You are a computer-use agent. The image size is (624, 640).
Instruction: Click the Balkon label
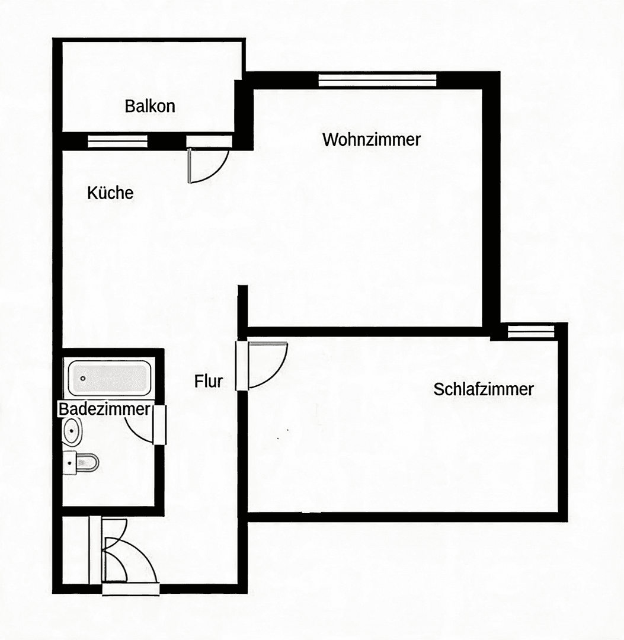tap(150, 106)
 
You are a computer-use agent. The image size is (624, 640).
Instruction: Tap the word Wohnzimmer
tap(372, 140)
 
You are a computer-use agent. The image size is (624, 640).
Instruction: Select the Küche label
tap(110, 193)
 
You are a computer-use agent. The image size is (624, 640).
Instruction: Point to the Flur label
tap(209, 381)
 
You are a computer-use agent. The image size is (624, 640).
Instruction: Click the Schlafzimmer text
tap(484, 389)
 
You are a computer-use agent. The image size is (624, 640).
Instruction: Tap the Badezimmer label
tap(104, 409)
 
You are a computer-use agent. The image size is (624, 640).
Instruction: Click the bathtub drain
tap(83, 378)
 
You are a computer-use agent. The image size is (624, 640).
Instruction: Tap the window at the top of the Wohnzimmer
tap(377, 79)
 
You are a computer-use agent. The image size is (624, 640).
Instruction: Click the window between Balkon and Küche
tap(117, 141)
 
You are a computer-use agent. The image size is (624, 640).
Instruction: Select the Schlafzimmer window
tap(531, 331)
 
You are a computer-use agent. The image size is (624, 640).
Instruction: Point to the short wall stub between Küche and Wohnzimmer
tap(242, 305)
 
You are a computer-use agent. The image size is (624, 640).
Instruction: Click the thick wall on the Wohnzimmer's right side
tap(491, 201)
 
